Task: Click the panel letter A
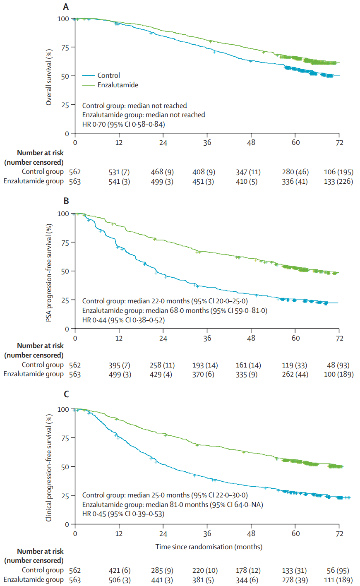pos(66,7)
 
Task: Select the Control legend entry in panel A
pos(108,75)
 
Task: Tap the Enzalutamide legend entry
pos(118,85)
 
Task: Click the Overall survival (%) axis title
pos(49,77)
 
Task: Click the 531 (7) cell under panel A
pos(119,172)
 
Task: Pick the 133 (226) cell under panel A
pos(338,181)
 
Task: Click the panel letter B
pos(66,201)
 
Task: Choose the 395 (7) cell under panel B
pos(119,365)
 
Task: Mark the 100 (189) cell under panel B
pos(338,374)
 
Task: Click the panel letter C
pos(66,394)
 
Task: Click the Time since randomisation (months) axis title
pos(209,547)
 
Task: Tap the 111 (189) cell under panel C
pos(338,580)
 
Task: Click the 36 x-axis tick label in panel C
pos(207,533)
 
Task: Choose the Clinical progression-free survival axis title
pos(49,468)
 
